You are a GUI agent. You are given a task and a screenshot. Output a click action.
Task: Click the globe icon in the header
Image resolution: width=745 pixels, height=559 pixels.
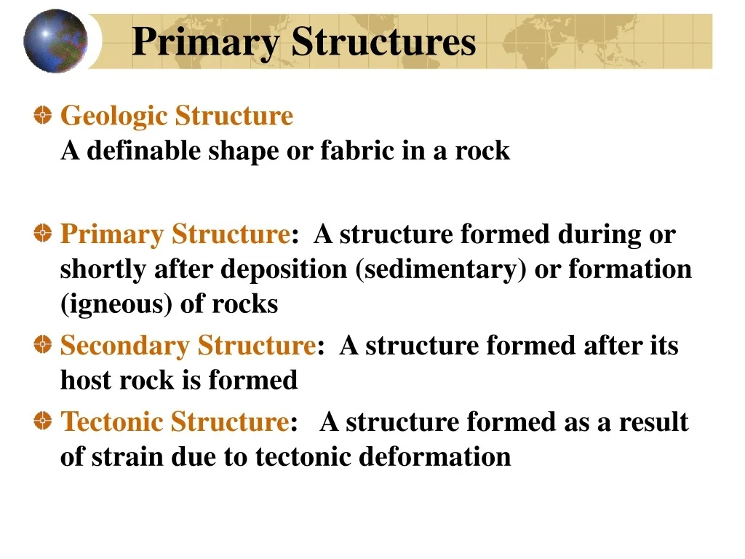click(x=55, y=41)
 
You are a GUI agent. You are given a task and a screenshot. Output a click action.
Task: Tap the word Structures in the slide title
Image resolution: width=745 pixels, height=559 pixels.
click(x=383, y=41)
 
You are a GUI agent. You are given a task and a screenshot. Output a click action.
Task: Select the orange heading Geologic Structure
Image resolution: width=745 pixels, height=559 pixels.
click(x=177, y=116)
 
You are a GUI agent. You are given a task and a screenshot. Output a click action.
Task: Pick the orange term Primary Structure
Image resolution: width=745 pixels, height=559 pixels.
click(x=175, y=234)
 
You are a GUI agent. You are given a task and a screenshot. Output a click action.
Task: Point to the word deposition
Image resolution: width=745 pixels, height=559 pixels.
click(x=284, y=269)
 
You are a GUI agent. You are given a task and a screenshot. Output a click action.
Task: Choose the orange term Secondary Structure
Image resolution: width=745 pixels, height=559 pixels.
click(x=188, y=345)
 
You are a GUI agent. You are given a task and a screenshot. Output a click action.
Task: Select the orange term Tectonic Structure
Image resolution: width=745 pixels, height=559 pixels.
click(x=175, y=421)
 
